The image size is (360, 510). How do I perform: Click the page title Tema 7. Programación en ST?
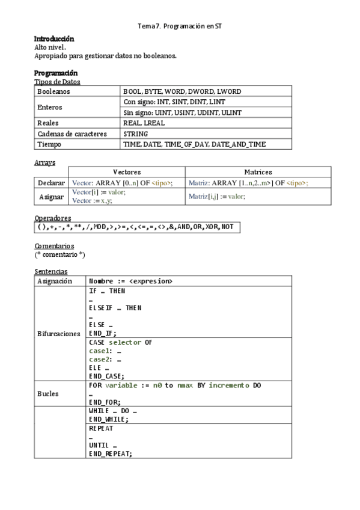pyautogui.click(x=180, y=26)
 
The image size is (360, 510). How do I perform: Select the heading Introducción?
pyautogui.click(x=54, y=38)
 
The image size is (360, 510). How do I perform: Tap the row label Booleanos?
pyautogui.click(x=53, y=91)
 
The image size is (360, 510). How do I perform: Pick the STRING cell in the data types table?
pyautogui.click(x=135, y=134)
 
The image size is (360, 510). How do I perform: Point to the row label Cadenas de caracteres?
pyautogui.click(x=72, y=134)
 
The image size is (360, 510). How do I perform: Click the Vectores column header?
pyautogui.click(x=126, y=172)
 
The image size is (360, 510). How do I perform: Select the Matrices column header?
pyautogui.click(x=258, y=172)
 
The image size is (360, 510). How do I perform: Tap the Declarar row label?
pyautogui.click(x=51, y=183)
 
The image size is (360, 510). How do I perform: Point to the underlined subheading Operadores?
pyautogui.click(x=53, y=218)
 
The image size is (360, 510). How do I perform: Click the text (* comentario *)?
pyautogui.click(x=59, y=255)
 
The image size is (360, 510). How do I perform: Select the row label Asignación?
pyautogui.click(x=55, y=281)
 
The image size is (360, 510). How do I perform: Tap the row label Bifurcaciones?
pyautogui.click(x=59, y=333)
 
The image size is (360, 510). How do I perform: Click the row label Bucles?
pyautogui.click(x=48, y=393)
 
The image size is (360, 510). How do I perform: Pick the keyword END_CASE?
pyautogui.click(x=106, y=376)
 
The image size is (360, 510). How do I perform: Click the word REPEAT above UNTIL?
pyautogui.click(x=100, y=429)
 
